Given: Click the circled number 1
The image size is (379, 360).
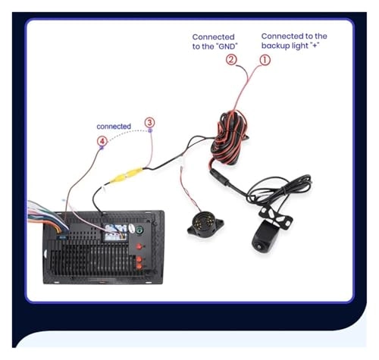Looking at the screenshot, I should [265, 58].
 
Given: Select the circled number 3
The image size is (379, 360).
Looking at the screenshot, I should [149, 122].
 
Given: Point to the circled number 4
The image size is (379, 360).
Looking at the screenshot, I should [102, 140].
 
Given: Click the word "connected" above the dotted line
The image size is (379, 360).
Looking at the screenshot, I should [114, 126].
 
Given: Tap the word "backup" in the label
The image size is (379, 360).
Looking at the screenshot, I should [276, 45].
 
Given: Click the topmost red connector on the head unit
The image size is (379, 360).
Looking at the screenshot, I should [139, 246].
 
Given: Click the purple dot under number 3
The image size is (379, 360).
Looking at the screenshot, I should [150, 132].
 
